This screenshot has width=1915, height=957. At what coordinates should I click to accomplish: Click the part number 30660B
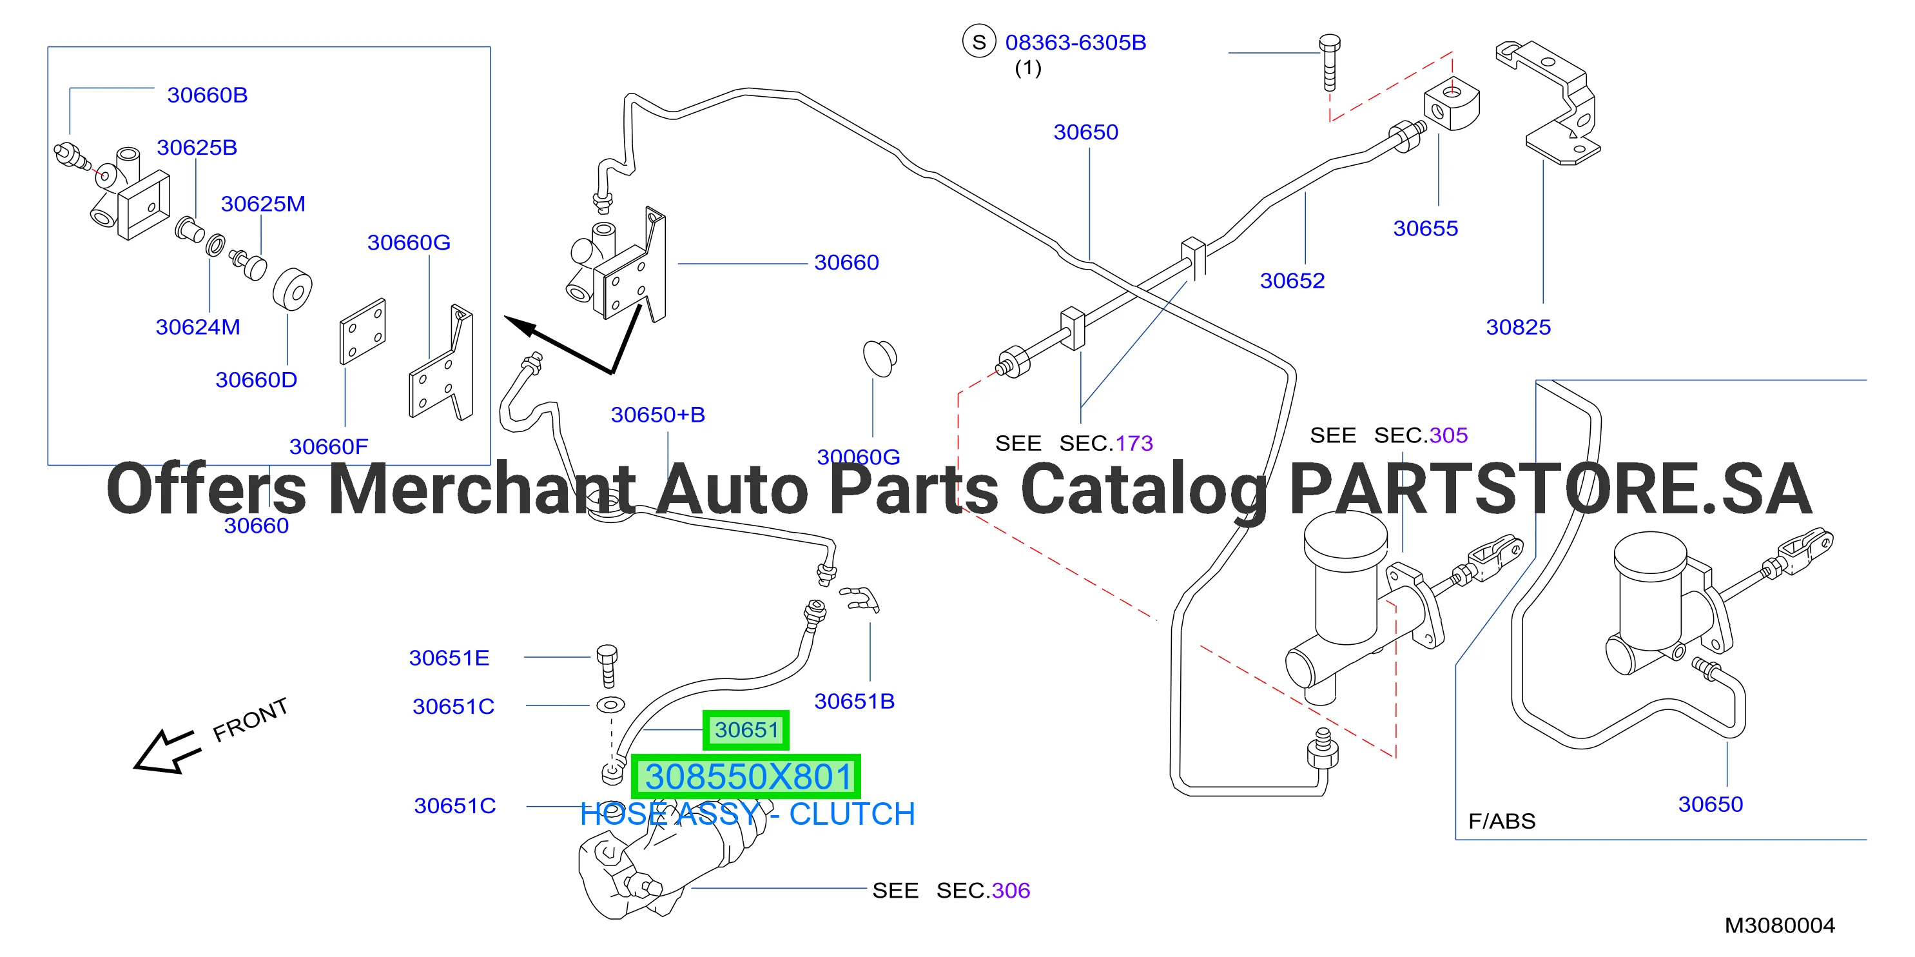[208, 95]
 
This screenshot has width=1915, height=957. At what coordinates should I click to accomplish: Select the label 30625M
[263, 204]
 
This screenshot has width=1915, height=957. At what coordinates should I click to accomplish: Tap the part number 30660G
[409, 242]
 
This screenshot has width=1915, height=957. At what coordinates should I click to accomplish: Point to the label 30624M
[198, 327]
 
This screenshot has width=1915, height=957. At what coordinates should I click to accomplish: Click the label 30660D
[257, 380]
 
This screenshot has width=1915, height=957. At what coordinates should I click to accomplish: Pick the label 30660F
[329, 446]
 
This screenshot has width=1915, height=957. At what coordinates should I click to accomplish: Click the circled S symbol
[979, 43]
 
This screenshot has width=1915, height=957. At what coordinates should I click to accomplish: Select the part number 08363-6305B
[1076, 43]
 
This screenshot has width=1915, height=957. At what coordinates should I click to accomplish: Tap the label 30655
[1426, 228]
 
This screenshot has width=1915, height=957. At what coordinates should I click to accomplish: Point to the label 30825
[1519, 327]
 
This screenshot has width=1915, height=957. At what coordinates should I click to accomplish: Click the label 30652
[1293, 281]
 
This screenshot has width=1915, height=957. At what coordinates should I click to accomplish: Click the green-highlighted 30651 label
[746, 730]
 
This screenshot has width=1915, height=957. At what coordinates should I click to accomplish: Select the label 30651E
[449, 658]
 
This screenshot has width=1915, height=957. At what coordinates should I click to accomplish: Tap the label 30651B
[855, 701]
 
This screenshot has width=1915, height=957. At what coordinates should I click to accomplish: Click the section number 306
[1011, 891]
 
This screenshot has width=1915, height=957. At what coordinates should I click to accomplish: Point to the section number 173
[1134, 443]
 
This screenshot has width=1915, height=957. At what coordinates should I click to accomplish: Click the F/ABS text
[1502, 821]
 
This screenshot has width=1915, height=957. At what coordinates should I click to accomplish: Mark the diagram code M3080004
[1780, 926]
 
